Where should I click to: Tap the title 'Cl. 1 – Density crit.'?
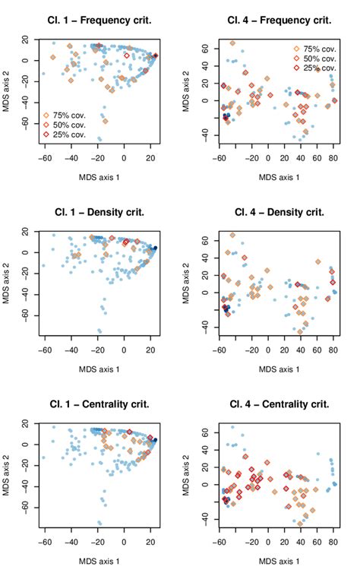coord(99,210)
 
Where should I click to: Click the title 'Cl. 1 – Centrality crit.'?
coord(99,402)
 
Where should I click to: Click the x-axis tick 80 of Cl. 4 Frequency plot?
coord(333,159)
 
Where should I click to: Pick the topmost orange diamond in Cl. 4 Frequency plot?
coord(232,43)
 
